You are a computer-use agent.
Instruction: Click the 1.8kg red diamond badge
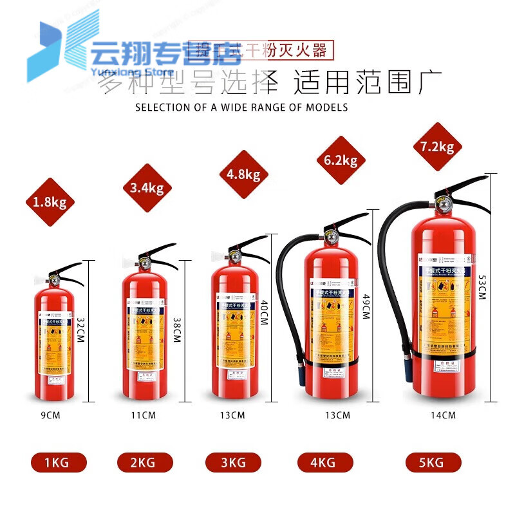pos(50,203)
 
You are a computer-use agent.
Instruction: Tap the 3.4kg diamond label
pos(147,188)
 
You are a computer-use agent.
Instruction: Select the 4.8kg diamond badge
pos(243,174)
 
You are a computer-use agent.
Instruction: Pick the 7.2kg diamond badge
pos(438,147)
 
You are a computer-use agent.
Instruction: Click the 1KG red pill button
pos(59,462)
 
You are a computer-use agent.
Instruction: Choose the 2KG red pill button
pos(145,462)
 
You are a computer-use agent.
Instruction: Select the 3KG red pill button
pos(233,462)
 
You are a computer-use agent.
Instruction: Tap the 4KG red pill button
pos(325,462)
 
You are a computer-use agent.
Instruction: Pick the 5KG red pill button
pos(433,462)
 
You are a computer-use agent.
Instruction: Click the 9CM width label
pos(50,415)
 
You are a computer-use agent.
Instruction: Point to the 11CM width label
pos(143,415)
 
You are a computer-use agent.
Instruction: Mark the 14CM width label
pos(443,415)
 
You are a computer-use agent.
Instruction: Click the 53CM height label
pos(482,286)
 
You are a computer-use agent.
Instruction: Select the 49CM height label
pos(366,303)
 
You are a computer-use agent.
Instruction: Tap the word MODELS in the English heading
pos(327,108)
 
